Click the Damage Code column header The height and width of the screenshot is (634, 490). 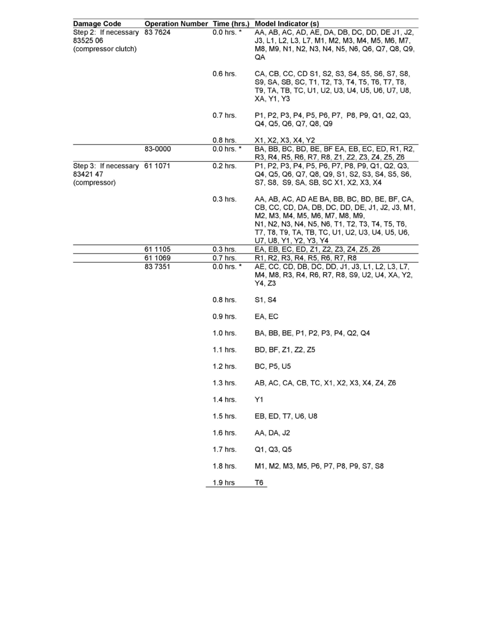tap(97, 24)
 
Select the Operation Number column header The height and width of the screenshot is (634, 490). tap(176, 24)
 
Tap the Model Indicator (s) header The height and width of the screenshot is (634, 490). tap(287, 24)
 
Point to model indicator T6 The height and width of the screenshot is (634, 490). tap(259, 483)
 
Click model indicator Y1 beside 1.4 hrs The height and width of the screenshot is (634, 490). tap(259, 400)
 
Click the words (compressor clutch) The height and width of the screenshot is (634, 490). tap(105, 49)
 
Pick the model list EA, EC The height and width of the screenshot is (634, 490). tap(266, 316)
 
